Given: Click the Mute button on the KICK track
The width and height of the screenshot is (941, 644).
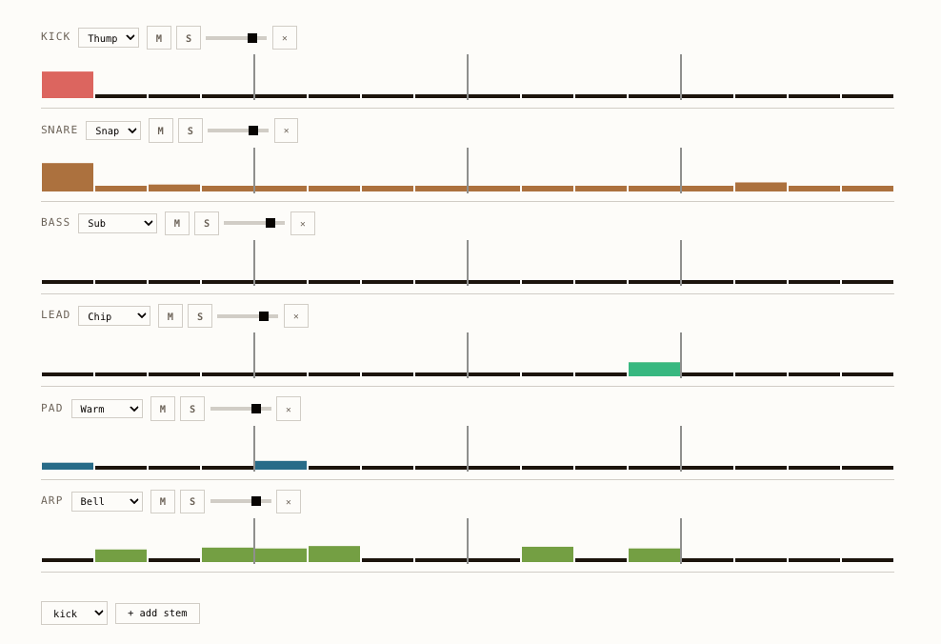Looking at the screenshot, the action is click(x=159, y=38).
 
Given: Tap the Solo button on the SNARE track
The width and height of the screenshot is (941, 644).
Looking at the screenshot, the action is click(x=190, y=131).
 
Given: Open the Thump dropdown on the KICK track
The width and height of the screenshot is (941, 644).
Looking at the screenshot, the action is click(x=109, y=38).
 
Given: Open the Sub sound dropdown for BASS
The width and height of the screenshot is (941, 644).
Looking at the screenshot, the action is click(x=117, y=223).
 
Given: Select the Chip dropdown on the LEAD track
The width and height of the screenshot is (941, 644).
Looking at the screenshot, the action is click(x=114, y=315).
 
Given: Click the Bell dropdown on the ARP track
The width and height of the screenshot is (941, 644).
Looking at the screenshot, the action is click(x=107, y=501).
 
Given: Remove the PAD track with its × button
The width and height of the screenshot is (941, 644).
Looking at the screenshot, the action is click(x=289, y=409).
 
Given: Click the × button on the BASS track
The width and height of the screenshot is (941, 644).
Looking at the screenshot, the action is click(x=303, y=223).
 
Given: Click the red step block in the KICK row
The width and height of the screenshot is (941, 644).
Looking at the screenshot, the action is click(x=68, y=85).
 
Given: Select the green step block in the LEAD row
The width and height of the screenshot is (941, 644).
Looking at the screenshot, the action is click(x=654, y=370).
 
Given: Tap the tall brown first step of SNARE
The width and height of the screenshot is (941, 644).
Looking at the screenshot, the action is click(x=68, y=177).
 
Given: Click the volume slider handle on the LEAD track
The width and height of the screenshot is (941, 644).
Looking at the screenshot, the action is click(x=264, y=316).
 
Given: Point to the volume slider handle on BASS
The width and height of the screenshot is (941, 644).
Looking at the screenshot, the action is click(x=270, y=223).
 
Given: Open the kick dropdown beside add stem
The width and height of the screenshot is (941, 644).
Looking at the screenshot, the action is click(x=74, y=613).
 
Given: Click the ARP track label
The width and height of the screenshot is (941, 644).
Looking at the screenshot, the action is click(x=51, y=500).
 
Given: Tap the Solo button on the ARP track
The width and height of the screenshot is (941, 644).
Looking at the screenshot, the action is click(x=192, y=501).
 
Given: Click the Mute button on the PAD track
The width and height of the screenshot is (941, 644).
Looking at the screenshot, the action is click(x=163, y=409).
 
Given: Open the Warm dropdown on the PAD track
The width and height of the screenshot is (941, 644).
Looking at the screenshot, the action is click(x=107, y=409).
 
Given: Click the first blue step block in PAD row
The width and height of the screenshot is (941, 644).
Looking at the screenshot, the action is click(x=68, y=466).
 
